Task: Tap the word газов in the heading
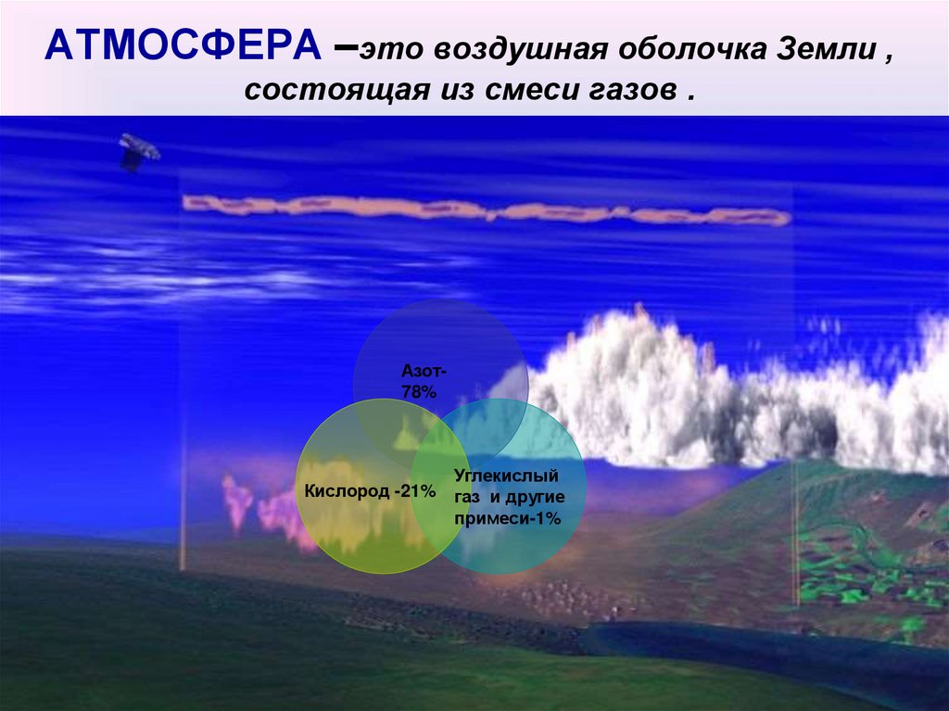tap(630, 93)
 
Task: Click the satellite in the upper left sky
tap(138, 151)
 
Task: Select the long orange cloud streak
tap(482, 209)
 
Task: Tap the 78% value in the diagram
tap(418, 392)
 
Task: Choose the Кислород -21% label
tap(369, 490)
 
